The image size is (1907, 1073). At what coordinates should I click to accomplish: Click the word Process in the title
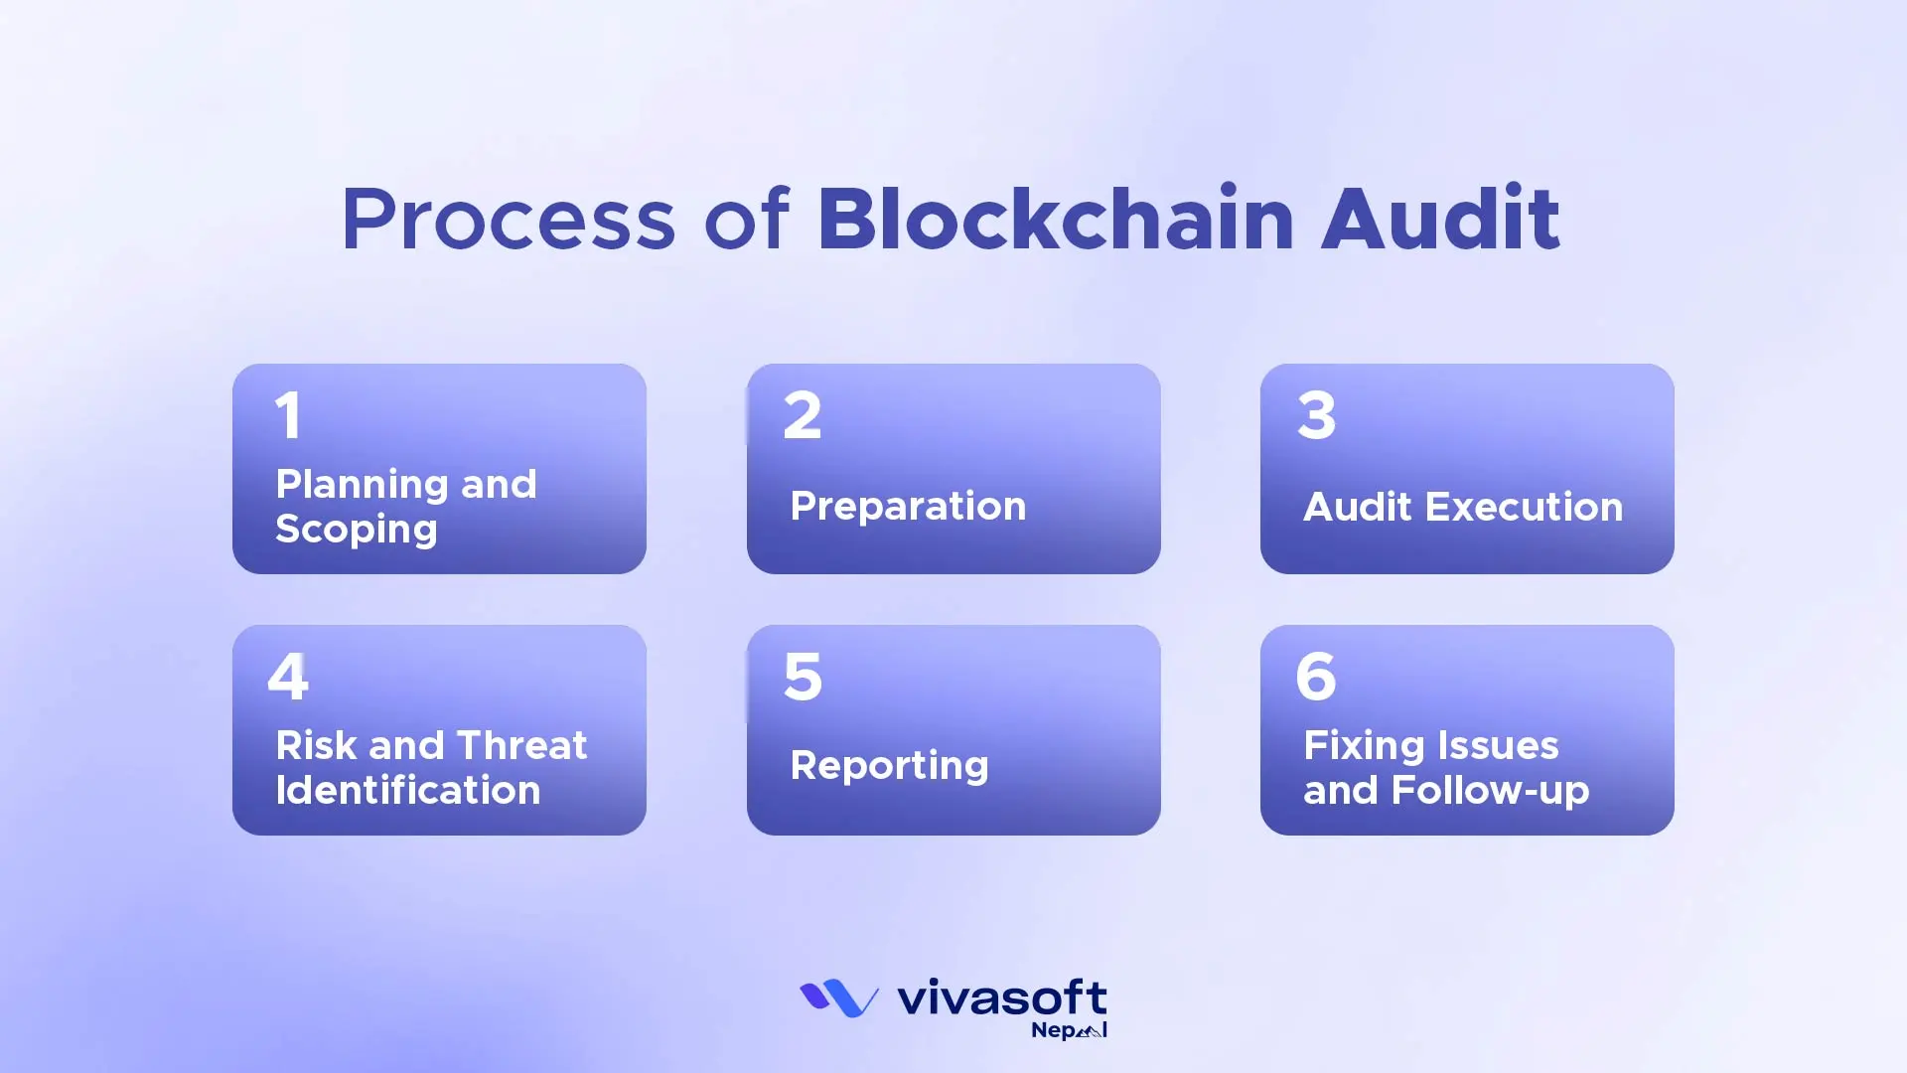click(509, 221)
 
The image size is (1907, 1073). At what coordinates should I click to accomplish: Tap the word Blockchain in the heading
click(1056, 219)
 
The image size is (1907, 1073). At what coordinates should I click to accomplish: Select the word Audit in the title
click(1440, 219)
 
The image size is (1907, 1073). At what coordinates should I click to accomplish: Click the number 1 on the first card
click(288, 415)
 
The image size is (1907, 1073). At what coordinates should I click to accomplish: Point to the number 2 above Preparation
click(803, 415)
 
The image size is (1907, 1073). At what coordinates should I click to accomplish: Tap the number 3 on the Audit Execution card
click(1317, 415)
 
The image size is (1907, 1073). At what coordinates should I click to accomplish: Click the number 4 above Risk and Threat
click(288, 677)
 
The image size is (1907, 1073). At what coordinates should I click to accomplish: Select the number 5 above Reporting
click(803, 677)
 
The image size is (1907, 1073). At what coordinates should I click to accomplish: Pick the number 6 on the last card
click(1316, 677)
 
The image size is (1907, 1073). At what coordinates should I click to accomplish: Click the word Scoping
click(356, 530)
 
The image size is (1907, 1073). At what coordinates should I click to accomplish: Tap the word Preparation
click(908, 507)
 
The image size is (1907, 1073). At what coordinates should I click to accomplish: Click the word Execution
click(1524, 507)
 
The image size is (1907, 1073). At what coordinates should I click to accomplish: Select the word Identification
click(408, 791)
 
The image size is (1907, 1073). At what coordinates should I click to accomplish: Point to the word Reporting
click(889, 766)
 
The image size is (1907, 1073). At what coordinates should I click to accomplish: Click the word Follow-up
click(1490, 791)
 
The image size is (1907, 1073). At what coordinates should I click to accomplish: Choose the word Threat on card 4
click(521, 745)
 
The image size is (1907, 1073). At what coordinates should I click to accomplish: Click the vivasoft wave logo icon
click(838, 998)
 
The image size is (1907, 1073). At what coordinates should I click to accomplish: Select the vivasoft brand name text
click(1001, 997)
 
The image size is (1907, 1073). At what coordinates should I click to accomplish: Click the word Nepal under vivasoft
click(1069, 1030)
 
